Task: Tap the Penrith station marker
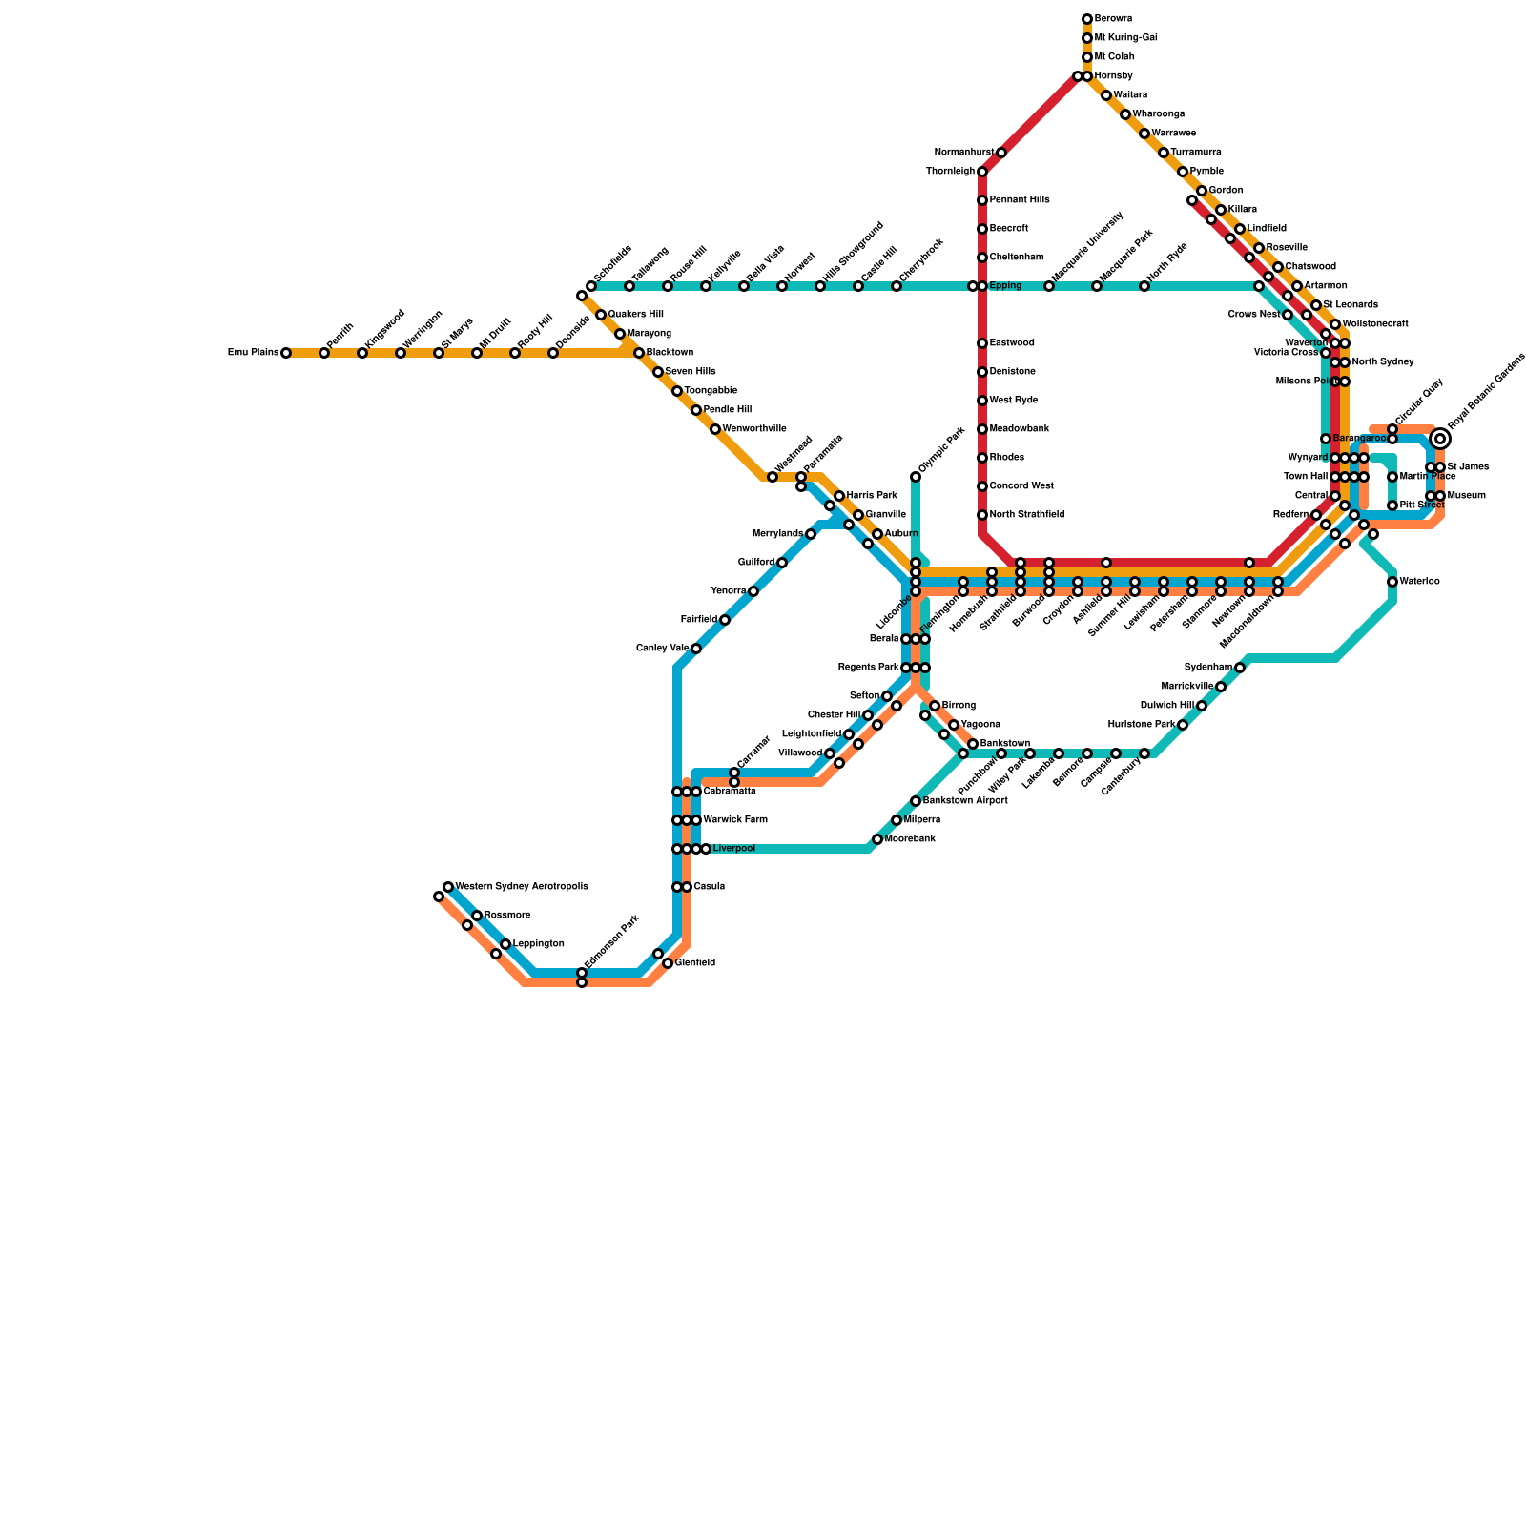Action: tap(324, 353)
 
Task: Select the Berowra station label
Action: tap(1113, 19)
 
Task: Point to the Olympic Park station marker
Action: tap(916, 477)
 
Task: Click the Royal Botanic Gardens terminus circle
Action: tap(1440, 439)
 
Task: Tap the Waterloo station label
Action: tap(1421, 582)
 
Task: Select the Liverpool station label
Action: tap(733, 849)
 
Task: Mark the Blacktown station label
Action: tap(670, 353)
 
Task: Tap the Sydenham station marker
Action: tap(1240, 668)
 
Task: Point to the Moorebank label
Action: tap(910, 839)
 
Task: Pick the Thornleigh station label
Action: tap(950, 172)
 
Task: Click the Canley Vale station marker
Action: tap(696, 649)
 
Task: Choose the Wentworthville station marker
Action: tap(715, 429)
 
